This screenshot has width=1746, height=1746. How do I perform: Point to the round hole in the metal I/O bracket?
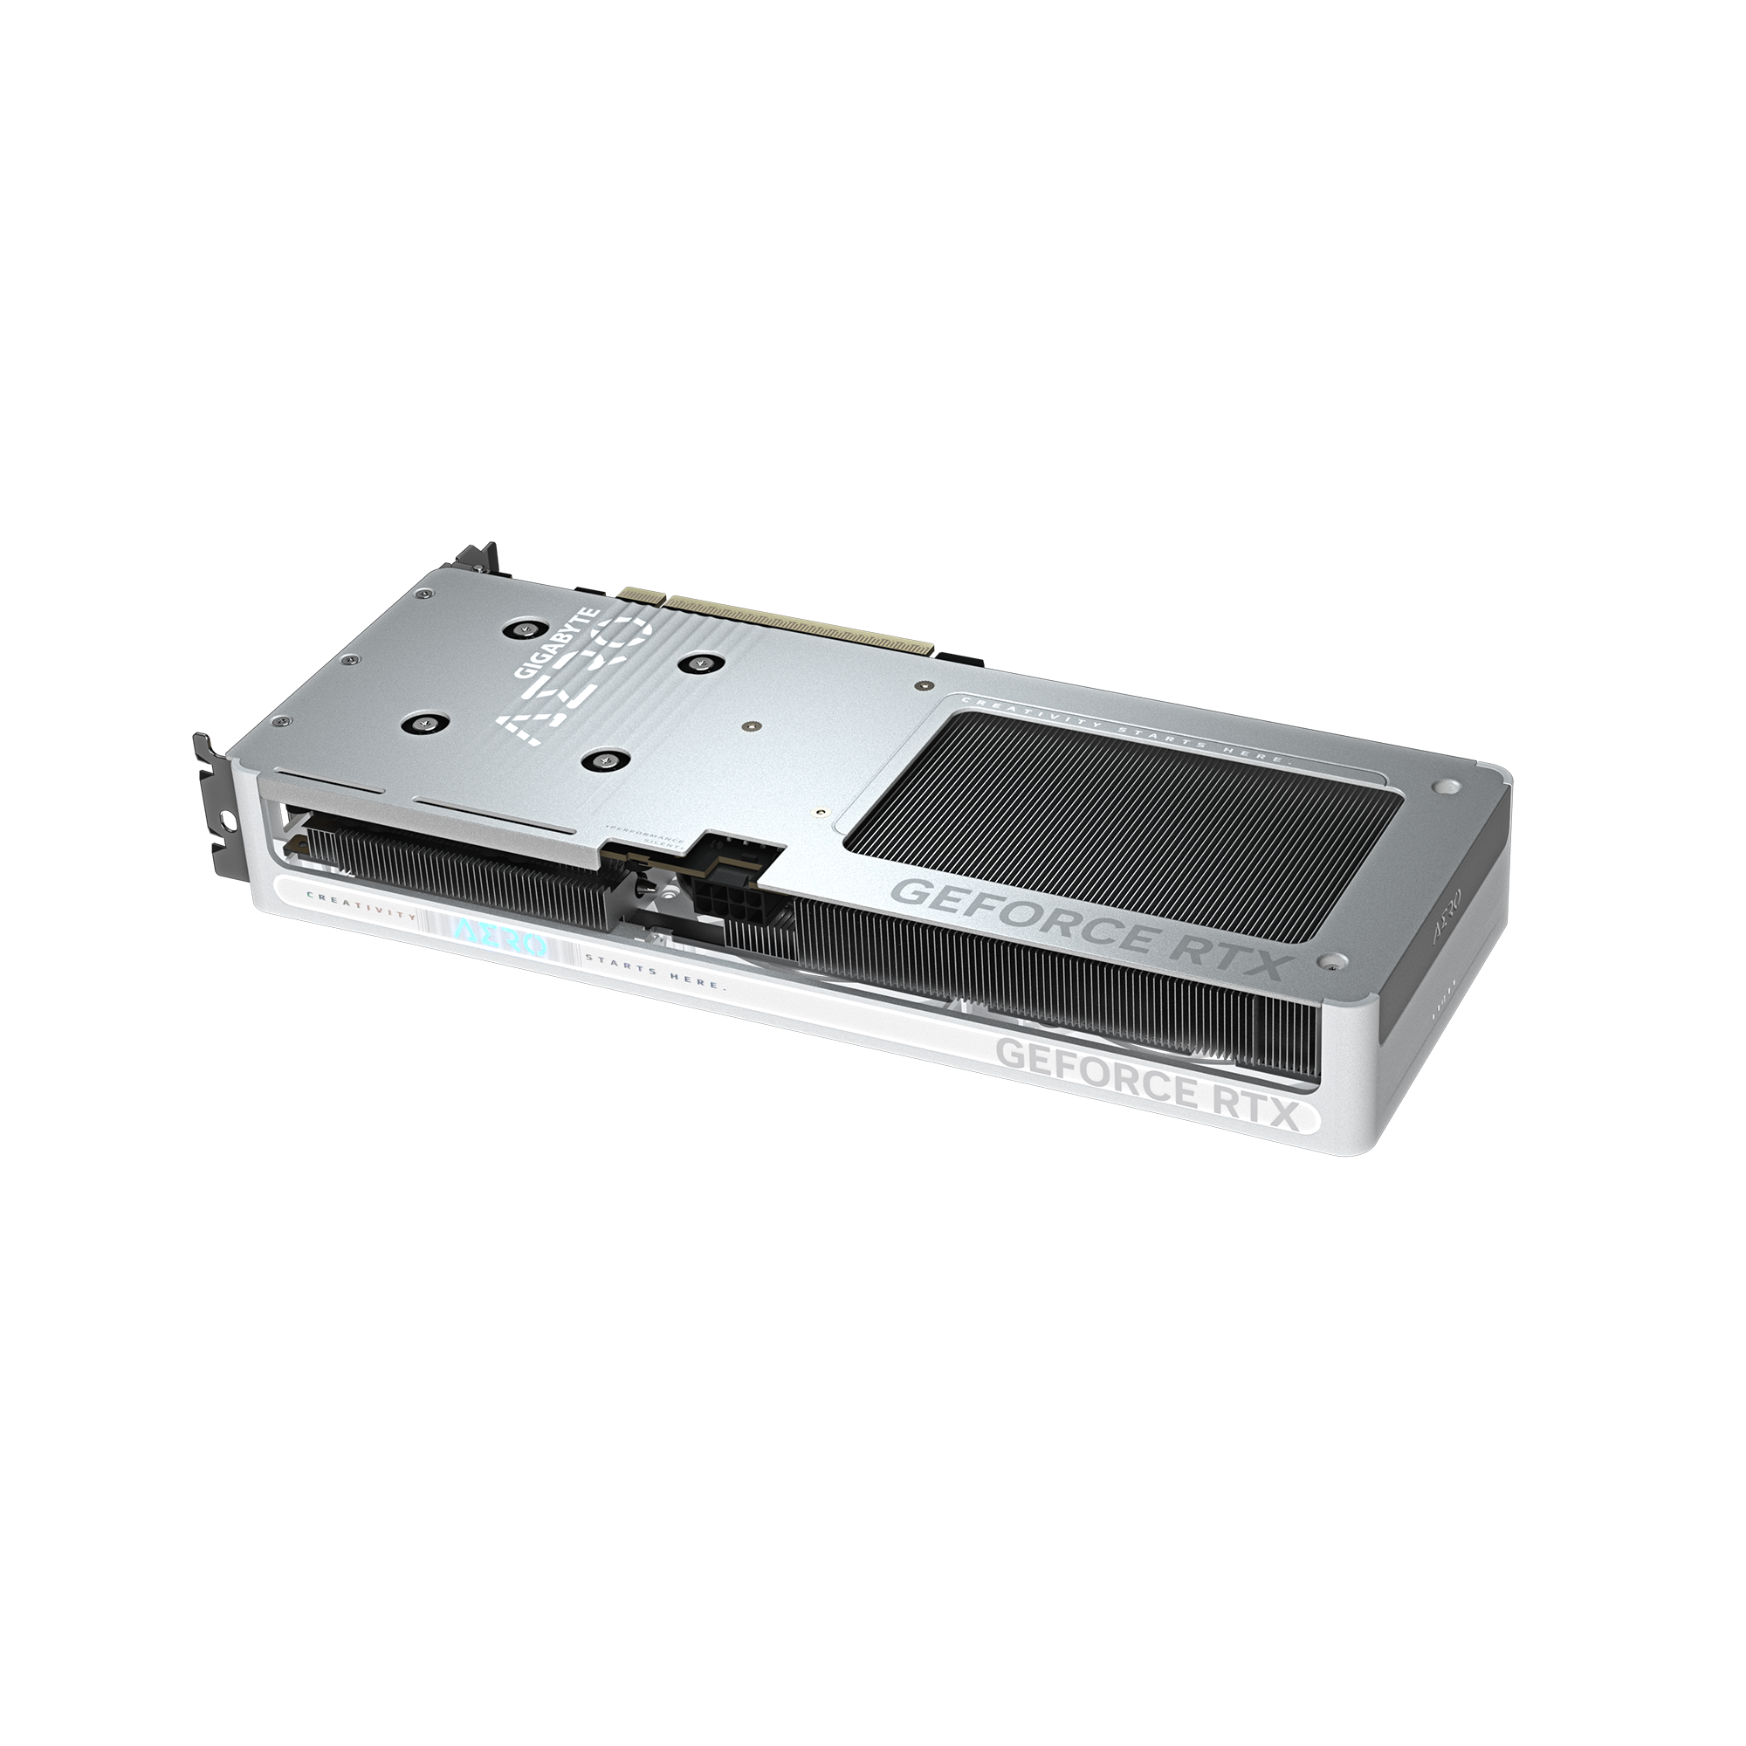225,822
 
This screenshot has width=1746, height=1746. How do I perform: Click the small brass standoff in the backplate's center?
752,725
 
